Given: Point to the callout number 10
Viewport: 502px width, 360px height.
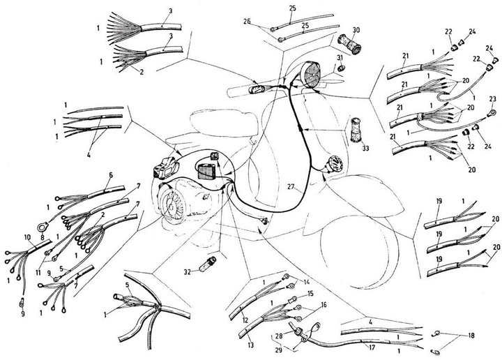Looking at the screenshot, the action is [27, 238].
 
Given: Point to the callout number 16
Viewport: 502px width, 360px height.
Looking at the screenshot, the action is [323, 304].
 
